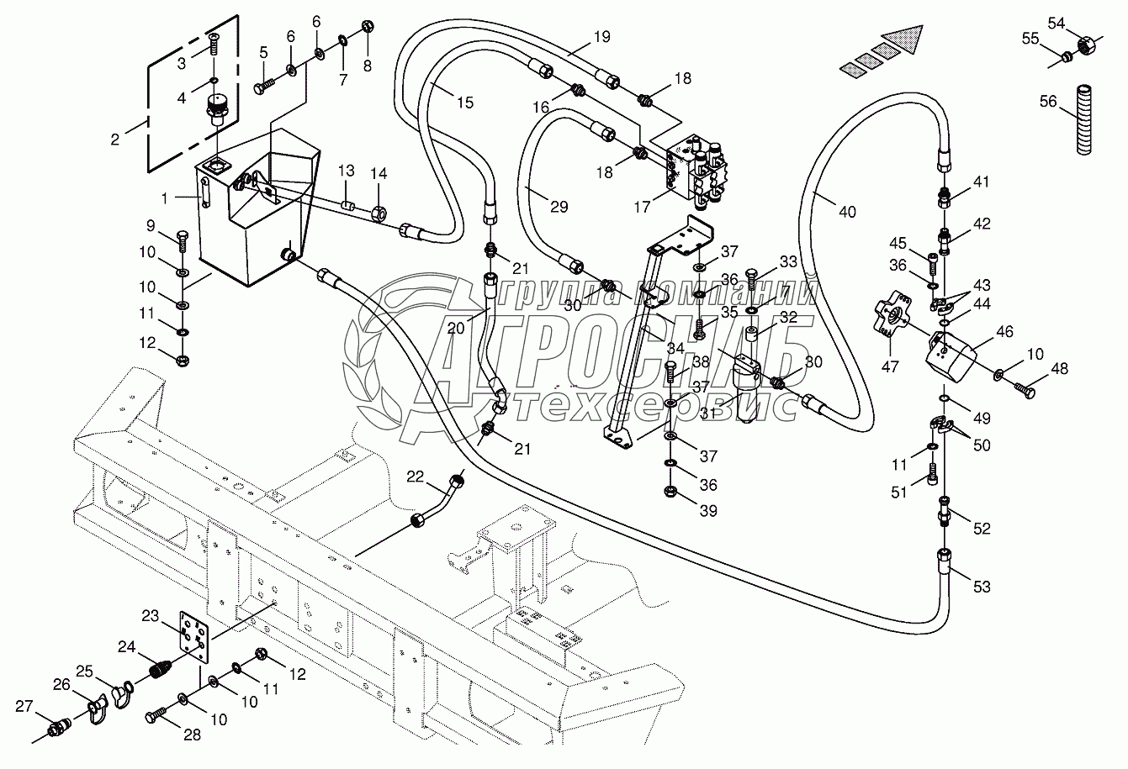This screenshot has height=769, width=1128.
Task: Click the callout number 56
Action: tap(1048, 101)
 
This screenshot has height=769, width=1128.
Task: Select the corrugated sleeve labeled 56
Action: tap(1084, 120)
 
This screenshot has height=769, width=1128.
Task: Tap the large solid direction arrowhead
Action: tap(905, 40)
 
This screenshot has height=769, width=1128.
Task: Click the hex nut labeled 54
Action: tap(1087, 45)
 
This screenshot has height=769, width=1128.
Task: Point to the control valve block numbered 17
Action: tap(697, 171)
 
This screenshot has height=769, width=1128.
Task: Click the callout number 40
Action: tap(847, 212)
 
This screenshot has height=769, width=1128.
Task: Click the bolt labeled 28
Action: tap(157, 715)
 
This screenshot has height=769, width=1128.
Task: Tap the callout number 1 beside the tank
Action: tap(164, 199)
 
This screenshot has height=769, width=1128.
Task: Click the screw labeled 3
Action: tap(214, 45)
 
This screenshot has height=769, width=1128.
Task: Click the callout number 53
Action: tap(982, 587)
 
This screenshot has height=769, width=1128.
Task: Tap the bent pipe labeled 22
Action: tap(437, 500)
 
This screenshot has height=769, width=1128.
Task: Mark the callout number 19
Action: tap(601, 37)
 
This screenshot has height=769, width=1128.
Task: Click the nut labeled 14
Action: tap(379, 213)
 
